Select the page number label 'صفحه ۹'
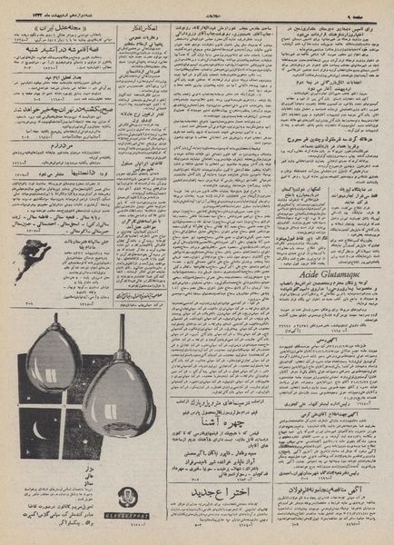(x=371, y=9)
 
